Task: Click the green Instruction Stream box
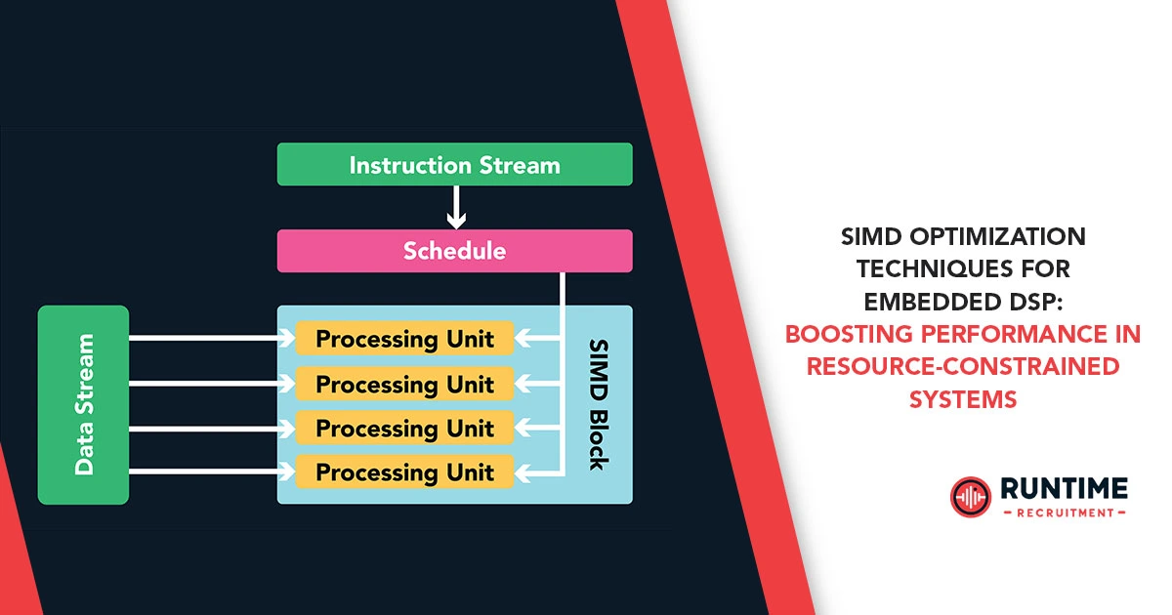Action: tap(454, 164)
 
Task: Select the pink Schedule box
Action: tap(454, 251)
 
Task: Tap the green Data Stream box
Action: tap(84, 404)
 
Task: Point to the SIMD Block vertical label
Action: tap(598, 404)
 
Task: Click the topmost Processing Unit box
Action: tap(404, 339)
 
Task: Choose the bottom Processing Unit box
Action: tap(404, 472)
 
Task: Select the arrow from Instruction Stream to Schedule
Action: tap(455, 207)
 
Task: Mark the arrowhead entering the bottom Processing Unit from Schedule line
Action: tap(523, 472)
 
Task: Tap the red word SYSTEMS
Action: tap(962, 399)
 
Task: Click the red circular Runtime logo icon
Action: tap(970, 496)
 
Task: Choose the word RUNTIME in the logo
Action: tap(1064, 488)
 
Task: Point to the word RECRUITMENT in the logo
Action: tap(1064, 512)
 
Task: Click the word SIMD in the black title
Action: tap(875, 237)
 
